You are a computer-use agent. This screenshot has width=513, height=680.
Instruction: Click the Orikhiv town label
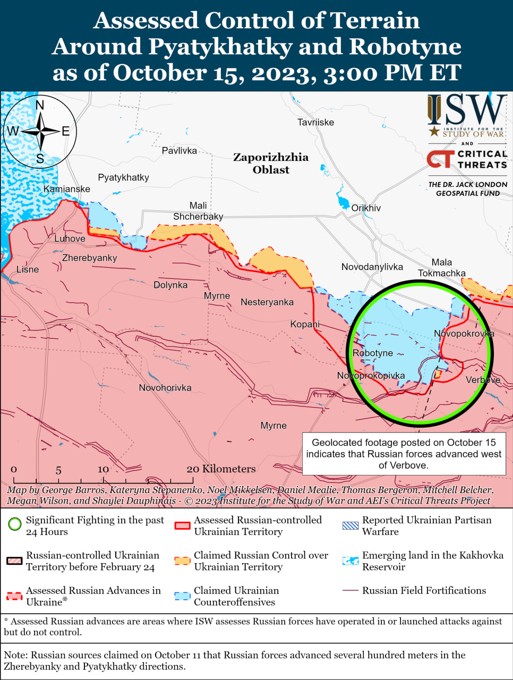366,208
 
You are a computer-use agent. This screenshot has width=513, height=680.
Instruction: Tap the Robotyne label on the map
373,353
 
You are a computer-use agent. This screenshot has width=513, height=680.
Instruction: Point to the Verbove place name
483,380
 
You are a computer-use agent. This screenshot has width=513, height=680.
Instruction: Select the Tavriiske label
315,122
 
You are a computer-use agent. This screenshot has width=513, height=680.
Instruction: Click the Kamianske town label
67,189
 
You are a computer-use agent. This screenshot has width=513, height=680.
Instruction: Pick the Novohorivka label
165,388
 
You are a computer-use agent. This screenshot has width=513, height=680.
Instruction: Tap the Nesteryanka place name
267,302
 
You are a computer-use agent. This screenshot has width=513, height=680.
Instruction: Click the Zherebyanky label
89,258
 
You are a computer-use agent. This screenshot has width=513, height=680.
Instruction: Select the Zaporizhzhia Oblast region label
271,163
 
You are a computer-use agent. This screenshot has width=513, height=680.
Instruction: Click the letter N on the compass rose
40,105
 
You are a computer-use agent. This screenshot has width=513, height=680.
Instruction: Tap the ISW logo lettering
467,110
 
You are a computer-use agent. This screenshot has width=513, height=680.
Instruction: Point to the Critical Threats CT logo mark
440,159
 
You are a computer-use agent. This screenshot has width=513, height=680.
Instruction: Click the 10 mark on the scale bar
103,469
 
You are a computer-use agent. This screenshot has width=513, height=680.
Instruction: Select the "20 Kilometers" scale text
221,469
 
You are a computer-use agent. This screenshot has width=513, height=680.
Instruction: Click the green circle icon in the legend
15,524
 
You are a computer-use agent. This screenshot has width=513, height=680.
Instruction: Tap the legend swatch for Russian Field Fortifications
350,590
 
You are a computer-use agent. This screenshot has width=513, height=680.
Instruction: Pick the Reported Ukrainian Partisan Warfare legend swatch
350,526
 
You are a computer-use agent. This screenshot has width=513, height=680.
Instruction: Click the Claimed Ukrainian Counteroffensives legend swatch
183,596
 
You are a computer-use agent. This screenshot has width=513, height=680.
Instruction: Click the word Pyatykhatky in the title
220,46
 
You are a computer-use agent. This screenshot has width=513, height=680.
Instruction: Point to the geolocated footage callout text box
404,454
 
